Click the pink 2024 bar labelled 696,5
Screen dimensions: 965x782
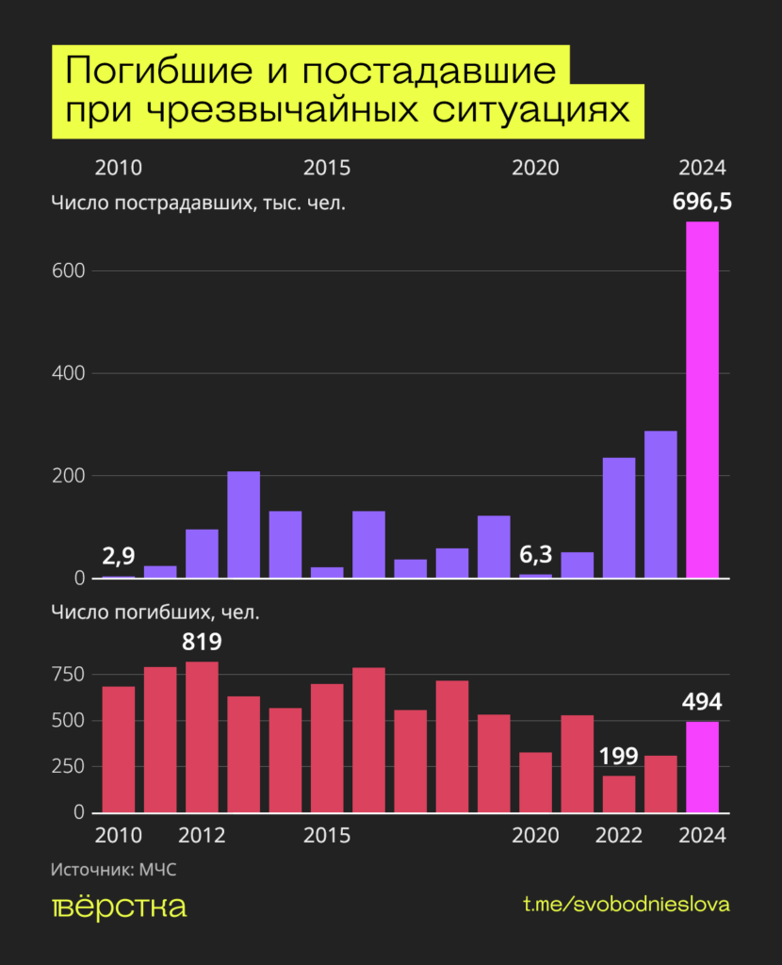(x=702, y=401)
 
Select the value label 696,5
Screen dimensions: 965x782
(x=702, y=202)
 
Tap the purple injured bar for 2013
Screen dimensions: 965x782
(x=243, y=524)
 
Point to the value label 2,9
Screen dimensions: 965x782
(x=118, y=556)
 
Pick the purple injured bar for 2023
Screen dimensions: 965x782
(x=660, y=504)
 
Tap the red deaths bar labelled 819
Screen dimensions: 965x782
(x=202, y=737)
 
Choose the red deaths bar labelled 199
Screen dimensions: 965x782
(x=619, y=793)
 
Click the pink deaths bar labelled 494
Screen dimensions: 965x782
(x=702, y=766)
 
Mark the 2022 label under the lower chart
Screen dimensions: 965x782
(x=619, y=836)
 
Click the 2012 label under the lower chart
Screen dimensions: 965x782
(x=202, y=836)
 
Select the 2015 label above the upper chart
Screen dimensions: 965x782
(x=327, y=169)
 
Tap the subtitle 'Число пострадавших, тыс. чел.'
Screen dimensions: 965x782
(x=199, y=203)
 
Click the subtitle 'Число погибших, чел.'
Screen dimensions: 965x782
(x=155, y=613)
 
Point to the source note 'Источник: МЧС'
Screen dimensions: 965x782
(x=113, y=870)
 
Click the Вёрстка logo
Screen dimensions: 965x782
(x=119, y=907)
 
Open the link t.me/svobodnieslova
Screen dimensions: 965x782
(x=627, y=905)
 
